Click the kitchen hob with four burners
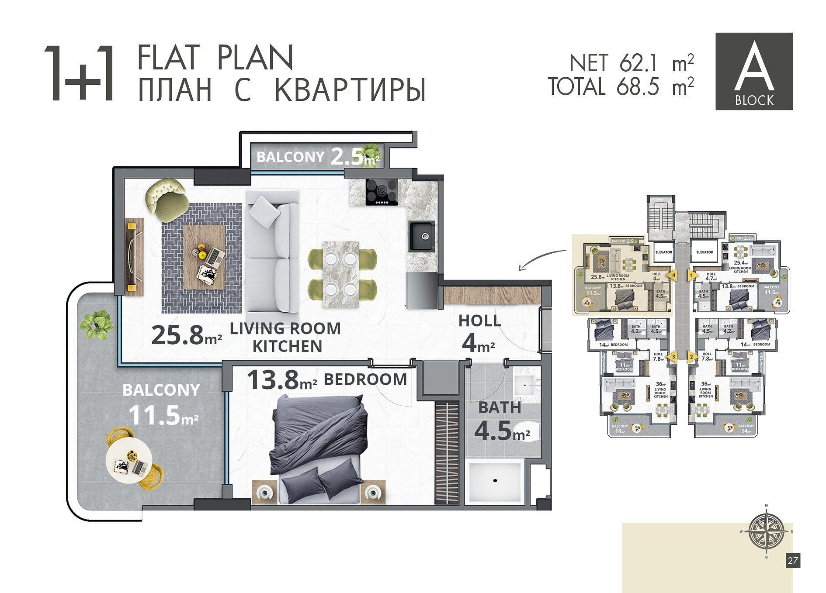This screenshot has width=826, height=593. tap(382, 192)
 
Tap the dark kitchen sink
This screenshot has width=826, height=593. tap(422, 236)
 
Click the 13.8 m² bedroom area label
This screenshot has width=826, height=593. tap(282, 380)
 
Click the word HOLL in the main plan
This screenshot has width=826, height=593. tap(479, 321)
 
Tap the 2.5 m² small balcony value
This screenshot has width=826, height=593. tap(354, 157)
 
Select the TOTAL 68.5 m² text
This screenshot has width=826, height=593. tap(621, 86)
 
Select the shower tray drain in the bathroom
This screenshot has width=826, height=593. tap(495, 480)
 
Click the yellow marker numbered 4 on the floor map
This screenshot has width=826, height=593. tap(673, 276)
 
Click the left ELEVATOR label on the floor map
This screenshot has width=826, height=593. tap(663, 252)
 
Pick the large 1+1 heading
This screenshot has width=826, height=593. tap(80, 74)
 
